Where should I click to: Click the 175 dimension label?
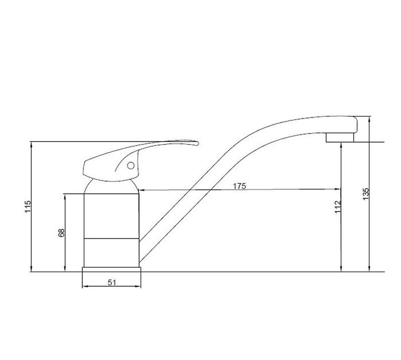pyautogui.click(x=239, y=186)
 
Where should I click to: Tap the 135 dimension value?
pyautogui.click(x=366, y=194)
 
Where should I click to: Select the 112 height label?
pyautogui.click(x=338, y=206)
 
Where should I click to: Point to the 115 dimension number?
pyautogui.click(x=28, y=206)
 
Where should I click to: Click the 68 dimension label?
pyautogui.click(x=62, y=232)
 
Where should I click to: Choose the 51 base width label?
pyautogui.click(x=112, y=283)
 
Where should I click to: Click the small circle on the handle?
pyautogui.click(x=130, y=166)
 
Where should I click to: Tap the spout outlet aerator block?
pyautogui.click(x=340, y=138)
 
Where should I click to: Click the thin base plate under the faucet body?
pyautogui.click(x=111, y=270)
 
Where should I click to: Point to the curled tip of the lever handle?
pyautogui.click(x=196, y=143)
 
